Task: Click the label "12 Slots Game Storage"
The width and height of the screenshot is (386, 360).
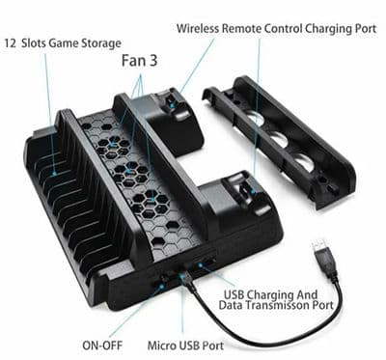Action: (63, 42)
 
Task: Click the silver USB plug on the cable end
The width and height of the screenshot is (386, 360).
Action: (322, 254)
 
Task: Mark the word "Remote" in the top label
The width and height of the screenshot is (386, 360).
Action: (244, 27)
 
